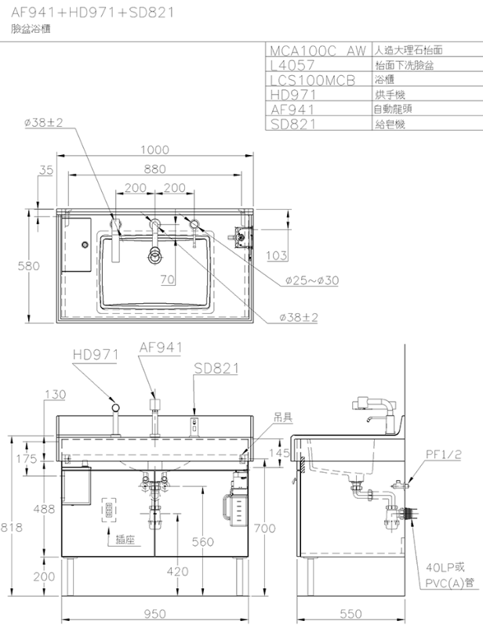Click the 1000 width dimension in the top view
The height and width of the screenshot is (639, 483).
pyautogui.click(x=154, y=150)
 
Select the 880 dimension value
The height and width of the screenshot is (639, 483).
pyautogui.click(x=154, y=168)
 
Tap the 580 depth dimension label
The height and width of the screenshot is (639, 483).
pyautogui.click(x=28, y=265)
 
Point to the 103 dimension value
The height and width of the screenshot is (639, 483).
pyautogui.click(x=277, y=255)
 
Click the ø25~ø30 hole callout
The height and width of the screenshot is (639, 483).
pyautogui.click(x=312, y=280)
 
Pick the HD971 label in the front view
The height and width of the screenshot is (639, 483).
pyautogui.click(x=96, y=355)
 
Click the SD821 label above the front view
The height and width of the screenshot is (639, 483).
pyautogui.click(x=216, y=368)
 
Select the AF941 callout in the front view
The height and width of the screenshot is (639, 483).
pyautogui.click(x=161, y=348)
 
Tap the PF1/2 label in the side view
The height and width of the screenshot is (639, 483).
pyautogui.click(x=444, y=454)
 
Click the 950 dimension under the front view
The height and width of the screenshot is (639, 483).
pyautogui.click(x=154, y=614)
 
